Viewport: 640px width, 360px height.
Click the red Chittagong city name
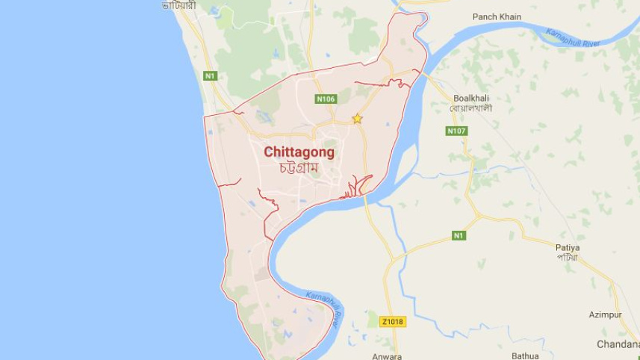click(299, 152)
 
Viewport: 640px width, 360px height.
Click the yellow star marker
click(357, 119)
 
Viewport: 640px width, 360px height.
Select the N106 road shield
click(326, 99)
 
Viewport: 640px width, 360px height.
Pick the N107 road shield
click(456, 131)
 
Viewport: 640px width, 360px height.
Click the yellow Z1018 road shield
click(391, 322)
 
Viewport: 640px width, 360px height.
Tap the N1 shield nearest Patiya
click(459, 236)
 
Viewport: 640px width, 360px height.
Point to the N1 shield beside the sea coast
click(210, 75)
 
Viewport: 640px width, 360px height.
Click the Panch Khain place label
click(497, 16)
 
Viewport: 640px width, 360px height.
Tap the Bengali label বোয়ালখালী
click(471, 108)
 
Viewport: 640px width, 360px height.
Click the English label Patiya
click(568, 247)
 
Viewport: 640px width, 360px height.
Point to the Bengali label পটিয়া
click(568, 257)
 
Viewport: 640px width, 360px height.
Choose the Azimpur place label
click(604, 315)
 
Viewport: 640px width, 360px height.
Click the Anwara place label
click(387, 356)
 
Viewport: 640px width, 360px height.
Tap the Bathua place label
click(525, 356)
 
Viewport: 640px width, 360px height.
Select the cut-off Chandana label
click(618, 344)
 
